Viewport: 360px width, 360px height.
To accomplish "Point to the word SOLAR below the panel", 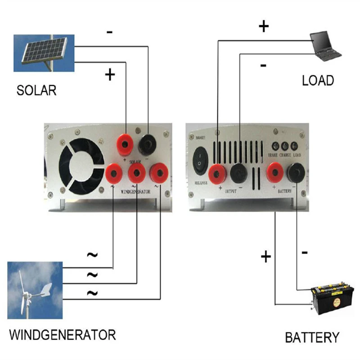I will tap(36, 90).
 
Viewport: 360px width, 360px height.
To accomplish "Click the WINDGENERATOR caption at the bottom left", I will tap(63, 335).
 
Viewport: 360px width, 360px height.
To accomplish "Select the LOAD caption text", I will tap(318, 81).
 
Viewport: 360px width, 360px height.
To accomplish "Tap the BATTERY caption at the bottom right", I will tap(312, 337).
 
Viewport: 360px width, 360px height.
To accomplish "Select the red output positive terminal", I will tap(218, 173).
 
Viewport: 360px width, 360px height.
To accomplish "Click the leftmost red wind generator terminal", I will tap(112, 173).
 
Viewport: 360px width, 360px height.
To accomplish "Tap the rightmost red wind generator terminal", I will tap(159, 173).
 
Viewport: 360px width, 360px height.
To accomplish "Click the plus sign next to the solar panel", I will tap(109, 74).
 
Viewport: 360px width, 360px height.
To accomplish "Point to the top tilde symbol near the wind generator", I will tap(92, 255).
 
